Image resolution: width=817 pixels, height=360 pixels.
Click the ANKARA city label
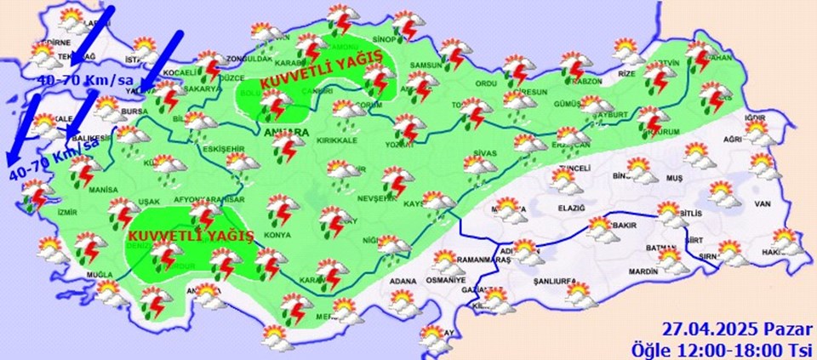tap(289, 133)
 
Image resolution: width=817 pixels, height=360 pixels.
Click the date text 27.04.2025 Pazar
tap(737, 329)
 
